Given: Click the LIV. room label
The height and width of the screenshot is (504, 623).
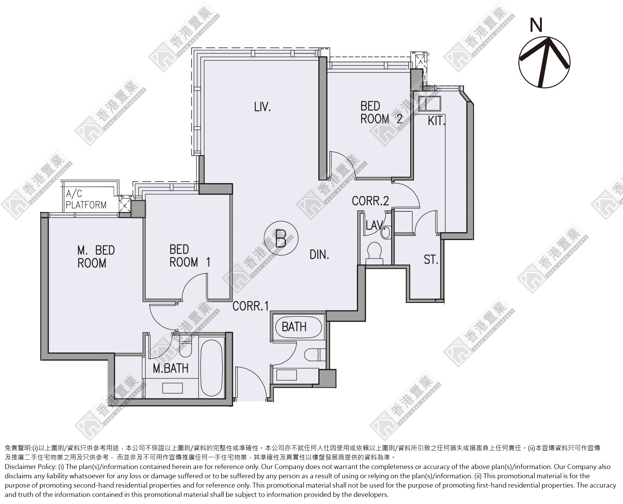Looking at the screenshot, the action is coord(262,107).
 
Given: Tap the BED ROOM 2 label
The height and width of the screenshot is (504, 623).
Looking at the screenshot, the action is coord(381,112).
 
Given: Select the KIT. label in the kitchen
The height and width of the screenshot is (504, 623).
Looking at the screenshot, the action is coord(436,121).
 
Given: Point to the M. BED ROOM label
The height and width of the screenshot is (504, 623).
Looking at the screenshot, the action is coord(96,256).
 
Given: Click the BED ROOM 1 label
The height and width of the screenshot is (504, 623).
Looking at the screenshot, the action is coord(190,256).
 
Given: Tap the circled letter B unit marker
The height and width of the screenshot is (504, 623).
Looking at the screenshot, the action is coord(281,238).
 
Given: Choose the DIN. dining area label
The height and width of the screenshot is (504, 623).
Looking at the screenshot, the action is coord(319,255).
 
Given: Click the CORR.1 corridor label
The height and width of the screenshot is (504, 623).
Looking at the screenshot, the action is coord(250,306).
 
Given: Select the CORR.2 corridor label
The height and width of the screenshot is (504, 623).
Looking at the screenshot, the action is coord(371,201).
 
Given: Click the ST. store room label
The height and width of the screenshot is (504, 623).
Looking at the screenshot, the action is coord(431,260).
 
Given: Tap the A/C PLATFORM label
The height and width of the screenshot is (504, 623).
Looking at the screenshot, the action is coord(86,199).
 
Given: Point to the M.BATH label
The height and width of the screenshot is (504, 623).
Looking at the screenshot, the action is coord(171,368).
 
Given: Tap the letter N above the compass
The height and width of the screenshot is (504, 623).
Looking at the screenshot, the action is coord(536,25).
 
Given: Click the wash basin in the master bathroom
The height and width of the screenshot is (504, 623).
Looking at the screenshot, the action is coord(173,388).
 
